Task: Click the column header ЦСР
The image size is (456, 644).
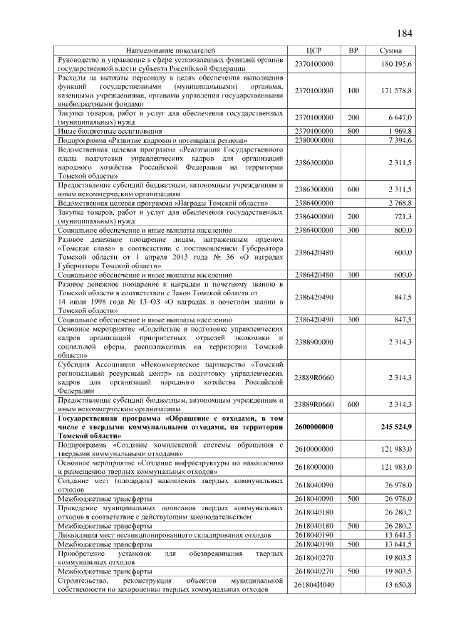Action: (314, 51)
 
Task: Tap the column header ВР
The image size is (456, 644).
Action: (353, 51)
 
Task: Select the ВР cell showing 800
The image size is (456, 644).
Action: (353, 132)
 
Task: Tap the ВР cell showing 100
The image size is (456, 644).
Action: (353, 91)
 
